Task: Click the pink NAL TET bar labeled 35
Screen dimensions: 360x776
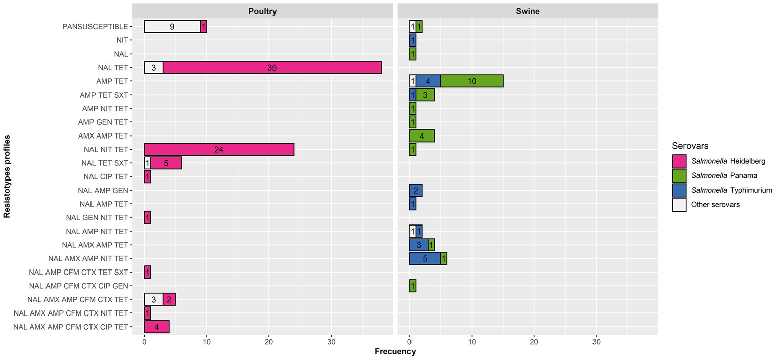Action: [272, 67]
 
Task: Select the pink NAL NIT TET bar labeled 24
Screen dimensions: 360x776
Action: [219, 149]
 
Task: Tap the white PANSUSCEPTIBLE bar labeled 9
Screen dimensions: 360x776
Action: [172, 26]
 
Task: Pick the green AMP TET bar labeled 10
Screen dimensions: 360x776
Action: [472, 81]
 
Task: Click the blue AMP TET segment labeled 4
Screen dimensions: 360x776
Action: [428, 81]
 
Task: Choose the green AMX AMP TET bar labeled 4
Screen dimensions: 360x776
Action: [422, 136]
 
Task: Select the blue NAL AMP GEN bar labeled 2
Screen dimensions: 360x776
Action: [416, 190]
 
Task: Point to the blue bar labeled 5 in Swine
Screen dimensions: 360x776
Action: [425, 258]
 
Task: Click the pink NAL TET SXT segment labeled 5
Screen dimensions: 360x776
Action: [166, 163]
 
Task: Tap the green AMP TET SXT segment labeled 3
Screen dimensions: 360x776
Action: [425, 95]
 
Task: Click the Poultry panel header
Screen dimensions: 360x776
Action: [262, 11]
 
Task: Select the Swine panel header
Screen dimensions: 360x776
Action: [528, 11]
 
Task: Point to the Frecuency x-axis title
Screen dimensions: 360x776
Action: [395, 351]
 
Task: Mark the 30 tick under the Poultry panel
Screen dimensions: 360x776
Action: [331, 341]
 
